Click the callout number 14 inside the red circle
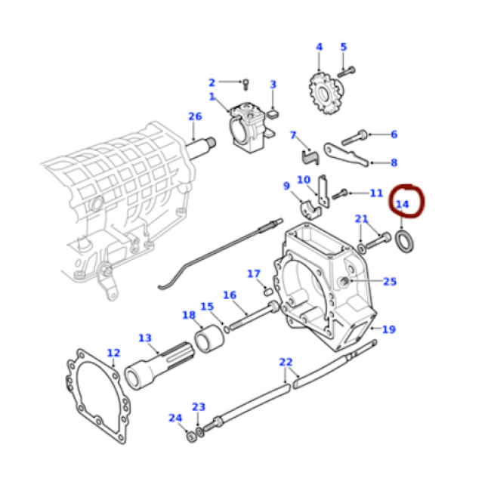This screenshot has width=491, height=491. click(x=403, y=204)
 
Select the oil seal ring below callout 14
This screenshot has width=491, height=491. click(x=405, y=241)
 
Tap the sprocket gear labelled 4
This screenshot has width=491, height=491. click(x=326, y=93)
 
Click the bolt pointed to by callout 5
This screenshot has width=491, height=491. click(x=346, y=72)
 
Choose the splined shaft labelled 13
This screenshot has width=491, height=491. click(x=159, y=365)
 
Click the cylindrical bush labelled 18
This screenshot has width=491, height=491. click(x=209, y=339)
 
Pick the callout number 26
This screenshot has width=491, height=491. click(x=195, y=116)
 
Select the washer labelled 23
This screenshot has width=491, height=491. click(x=200, y=431)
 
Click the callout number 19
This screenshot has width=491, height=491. click(x=389, y=329)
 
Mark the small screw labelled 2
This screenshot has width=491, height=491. click(x=246, y=85)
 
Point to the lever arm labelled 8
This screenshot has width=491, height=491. click(x=346, y=155)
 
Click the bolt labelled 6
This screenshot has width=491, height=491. click(x=354, y=137)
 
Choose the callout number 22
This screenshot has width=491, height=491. click(x=286, y=363)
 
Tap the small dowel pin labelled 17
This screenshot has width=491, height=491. click(x=267, y=292)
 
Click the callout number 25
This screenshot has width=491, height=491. click(x=390, y=282)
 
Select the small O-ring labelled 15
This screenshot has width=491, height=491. click(x=227, y=330)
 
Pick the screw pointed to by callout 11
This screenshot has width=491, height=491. click(x=340, y=194)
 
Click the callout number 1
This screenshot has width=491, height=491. click(x=212, y=97)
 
